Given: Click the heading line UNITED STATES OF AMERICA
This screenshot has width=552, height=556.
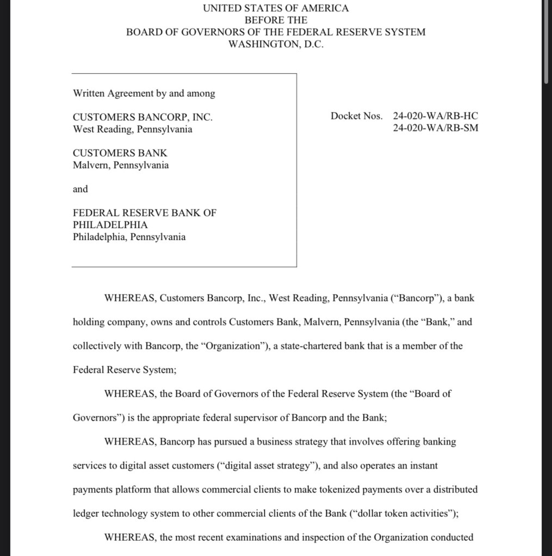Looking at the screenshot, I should point(276,8).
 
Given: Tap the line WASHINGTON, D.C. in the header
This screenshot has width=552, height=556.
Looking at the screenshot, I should point(276,44).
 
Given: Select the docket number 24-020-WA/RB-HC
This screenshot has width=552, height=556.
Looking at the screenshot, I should point(436,116).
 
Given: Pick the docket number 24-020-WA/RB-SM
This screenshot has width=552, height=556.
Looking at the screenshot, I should point(436,129).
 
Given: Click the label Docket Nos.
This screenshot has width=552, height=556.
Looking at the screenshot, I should point(356,116).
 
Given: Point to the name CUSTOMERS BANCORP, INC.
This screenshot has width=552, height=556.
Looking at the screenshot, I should point(142,117).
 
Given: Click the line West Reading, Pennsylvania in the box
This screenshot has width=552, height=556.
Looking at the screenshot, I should point(132,129).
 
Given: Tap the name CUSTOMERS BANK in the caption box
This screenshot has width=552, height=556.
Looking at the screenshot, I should point(120,153).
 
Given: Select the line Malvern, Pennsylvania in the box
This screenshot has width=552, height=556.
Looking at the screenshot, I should point(121,165).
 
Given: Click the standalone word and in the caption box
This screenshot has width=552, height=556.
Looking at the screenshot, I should point(80,189).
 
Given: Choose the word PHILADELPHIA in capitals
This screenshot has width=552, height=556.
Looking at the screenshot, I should point(110,224).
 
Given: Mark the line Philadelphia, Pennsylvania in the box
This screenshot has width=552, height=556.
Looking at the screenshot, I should point(129,237).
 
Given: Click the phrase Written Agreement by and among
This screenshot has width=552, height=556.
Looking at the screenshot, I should point(144,93).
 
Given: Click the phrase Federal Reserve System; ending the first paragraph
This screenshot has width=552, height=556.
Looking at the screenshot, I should point(125,370).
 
